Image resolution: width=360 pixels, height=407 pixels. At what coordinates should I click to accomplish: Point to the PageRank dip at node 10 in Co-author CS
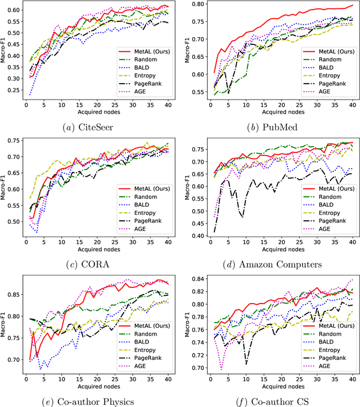tap(245, 364)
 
